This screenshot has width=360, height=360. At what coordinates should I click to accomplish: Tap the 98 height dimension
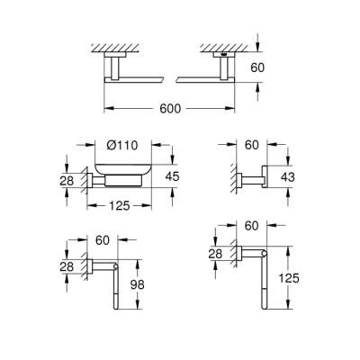[137, 285]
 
